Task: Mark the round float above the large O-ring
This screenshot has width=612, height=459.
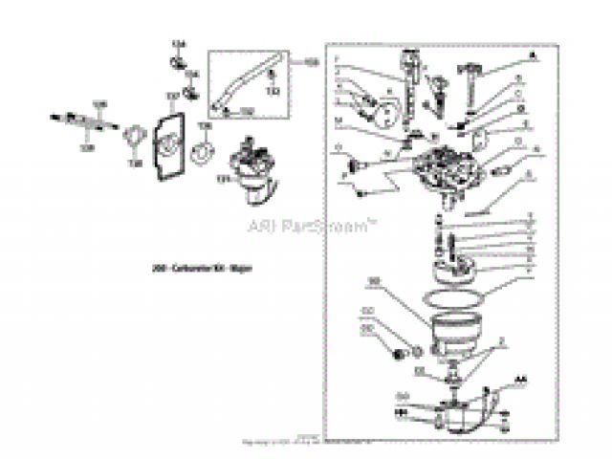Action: [456, 269]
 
